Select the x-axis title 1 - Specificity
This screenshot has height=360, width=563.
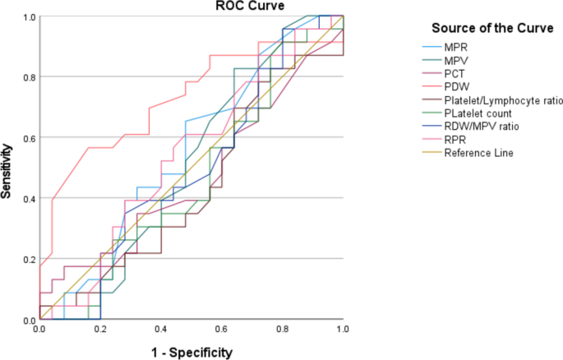click(191, 352)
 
